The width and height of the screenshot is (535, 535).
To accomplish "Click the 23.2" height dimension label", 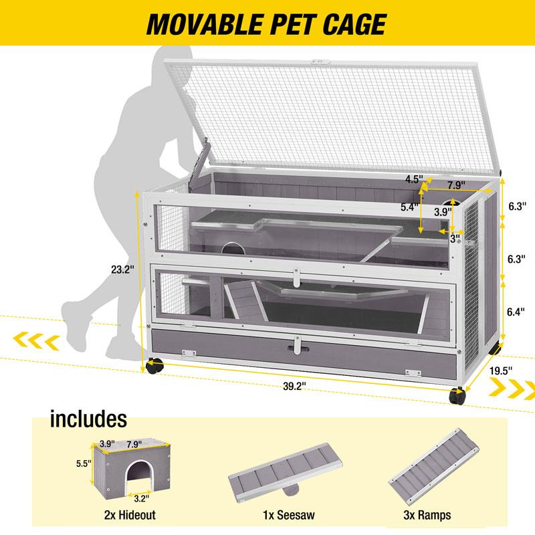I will click(x=122, y=271).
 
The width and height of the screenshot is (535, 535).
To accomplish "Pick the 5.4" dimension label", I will click(x=409, y=207).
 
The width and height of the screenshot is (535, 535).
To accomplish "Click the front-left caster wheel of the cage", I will click(x=154, y=365).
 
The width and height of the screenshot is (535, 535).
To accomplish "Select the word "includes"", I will click(x=88, y=419).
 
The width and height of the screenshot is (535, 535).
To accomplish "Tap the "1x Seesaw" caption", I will click(x=290, y=515).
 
